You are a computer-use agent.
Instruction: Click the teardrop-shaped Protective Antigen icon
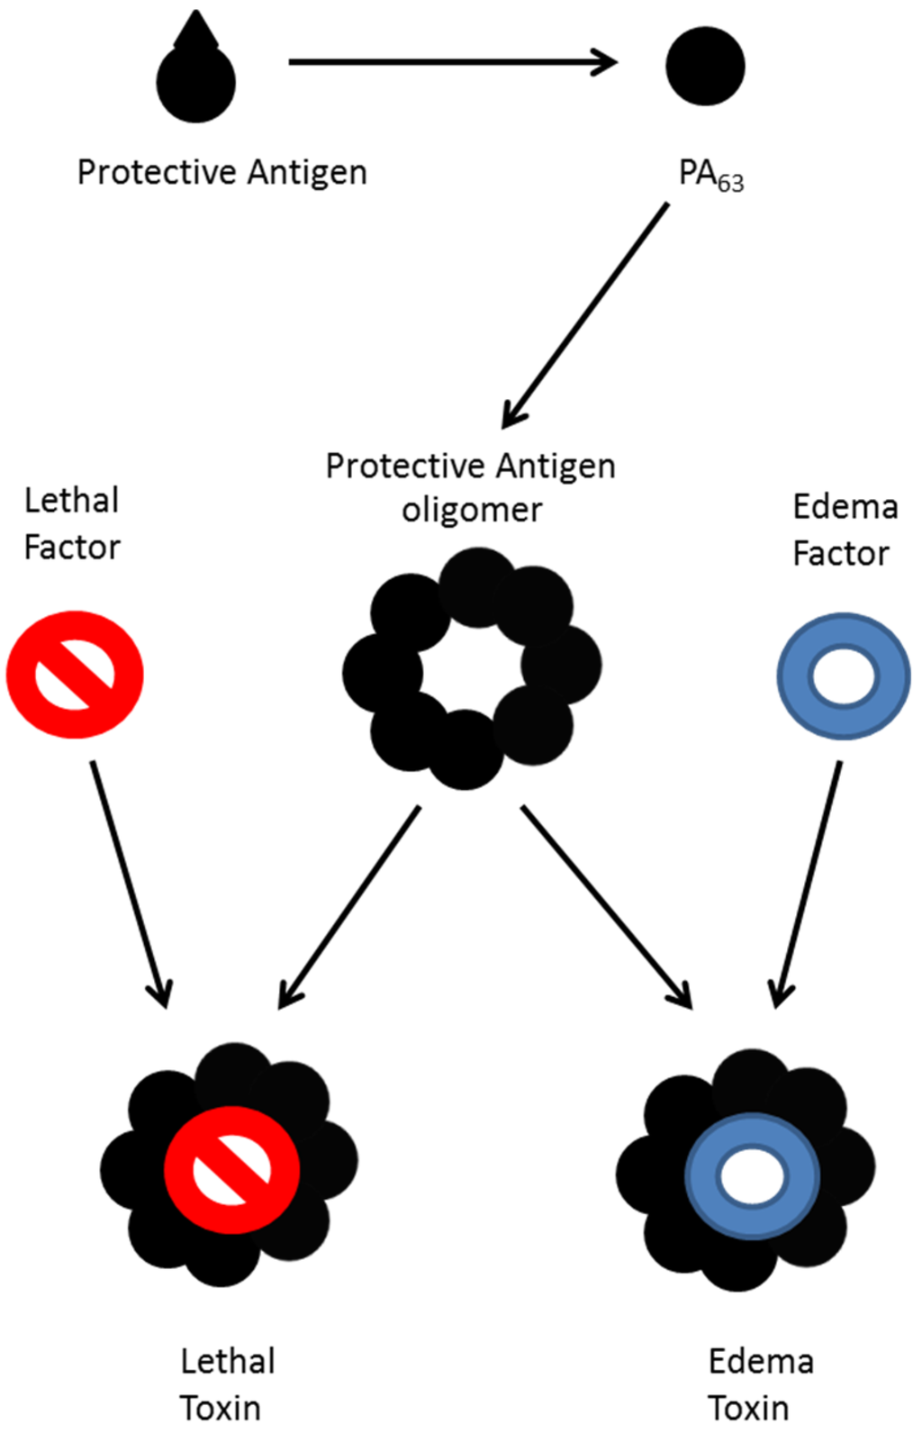[195, 77]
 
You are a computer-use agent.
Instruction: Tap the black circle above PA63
[705, 66]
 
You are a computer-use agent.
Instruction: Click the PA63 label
[710, 175]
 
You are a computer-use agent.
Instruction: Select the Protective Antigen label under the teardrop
[221, 172]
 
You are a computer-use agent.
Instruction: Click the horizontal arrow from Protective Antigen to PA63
[450, 62]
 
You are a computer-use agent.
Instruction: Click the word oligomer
[472, 510]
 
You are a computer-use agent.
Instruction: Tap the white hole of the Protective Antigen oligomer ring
[472, 669]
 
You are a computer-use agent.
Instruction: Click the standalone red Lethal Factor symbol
[75, 675]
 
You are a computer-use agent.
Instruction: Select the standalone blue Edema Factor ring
[844, 676]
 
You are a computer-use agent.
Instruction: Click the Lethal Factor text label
[72, 523]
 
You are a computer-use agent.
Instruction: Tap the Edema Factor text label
[845, 530]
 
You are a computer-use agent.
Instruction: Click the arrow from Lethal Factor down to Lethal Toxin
[131, 883]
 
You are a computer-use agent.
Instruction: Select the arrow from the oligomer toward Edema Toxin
[605, 905]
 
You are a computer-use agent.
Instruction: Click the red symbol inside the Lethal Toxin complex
[231, 1169]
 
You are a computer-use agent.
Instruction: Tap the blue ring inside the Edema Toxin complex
[752, 1176]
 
